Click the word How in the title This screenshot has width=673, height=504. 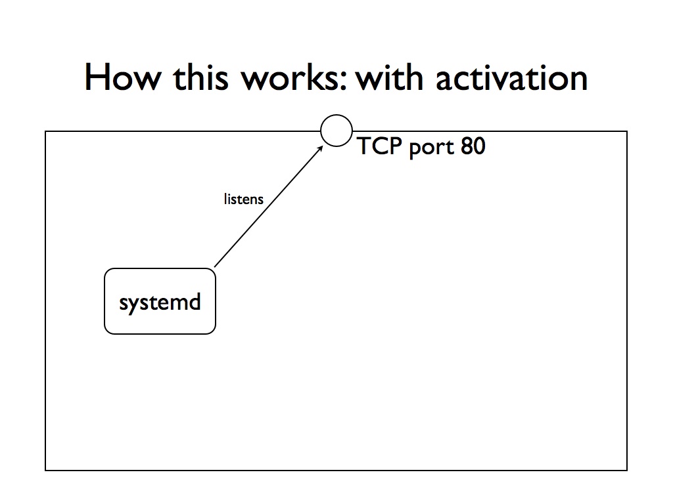(x=123, y=77)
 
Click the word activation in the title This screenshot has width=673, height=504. (x=511, y=77)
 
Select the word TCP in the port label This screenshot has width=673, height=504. (x=379, y=146)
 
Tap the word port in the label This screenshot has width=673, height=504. (x=431, y=148)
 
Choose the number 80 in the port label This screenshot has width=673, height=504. (x=473, y=146)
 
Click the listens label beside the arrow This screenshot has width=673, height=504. (x=243, y=199)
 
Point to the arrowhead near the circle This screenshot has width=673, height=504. (x=320, y=148)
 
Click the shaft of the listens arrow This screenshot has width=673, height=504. (x=269, y=206)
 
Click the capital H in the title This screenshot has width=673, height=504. (x=95, y=77)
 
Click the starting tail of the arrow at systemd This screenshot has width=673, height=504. (x=215, y=267)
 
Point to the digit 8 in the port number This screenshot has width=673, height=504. (x=467, y=146)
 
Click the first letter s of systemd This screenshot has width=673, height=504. (x=124, y=303)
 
